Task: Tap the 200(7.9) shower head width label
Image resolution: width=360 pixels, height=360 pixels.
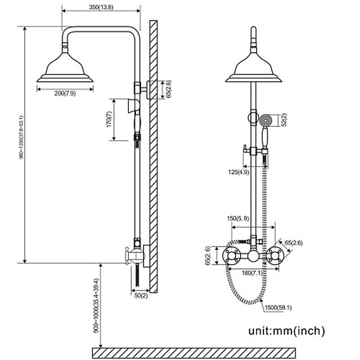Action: tap(65, 93)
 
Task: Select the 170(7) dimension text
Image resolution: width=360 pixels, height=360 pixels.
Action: tap(108, 120)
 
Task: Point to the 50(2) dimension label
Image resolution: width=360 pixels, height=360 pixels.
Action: tap(141, 295)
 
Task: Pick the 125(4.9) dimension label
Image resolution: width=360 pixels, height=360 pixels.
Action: tap(238, 171)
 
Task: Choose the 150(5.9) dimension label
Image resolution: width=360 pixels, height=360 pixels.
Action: tap(238, 219)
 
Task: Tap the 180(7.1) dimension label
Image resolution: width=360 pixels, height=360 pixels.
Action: tap(252, 272)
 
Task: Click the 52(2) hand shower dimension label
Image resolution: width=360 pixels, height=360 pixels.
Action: tap(284, 120)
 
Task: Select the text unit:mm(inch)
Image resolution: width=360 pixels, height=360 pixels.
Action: tap(287, 331)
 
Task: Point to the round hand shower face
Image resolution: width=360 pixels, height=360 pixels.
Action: tap(265, 120)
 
